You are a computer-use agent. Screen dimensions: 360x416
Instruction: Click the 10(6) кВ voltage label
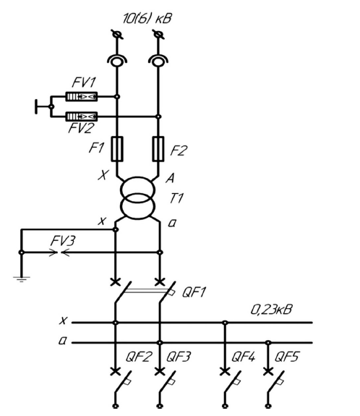click(147, 19)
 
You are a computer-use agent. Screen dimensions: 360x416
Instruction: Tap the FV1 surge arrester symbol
click(82, 96)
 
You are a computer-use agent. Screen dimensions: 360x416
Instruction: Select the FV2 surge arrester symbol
click(82, 116)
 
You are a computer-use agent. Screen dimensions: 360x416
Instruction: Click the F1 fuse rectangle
click(116, 149)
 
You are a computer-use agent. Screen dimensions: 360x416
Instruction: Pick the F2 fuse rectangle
click(158, 149)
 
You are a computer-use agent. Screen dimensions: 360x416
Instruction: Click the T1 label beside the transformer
click(176, 198)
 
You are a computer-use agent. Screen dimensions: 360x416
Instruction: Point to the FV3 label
click(63, 241)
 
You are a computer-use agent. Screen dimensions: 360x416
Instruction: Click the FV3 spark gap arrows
click(59, 252)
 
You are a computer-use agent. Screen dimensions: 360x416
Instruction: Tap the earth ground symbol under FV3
click(22, 279)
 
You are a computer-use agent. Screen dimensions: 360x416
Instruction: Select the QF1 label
click(194, 292)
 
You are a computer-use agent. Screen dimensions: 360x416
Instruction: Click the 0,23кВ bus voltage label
click(272, 310)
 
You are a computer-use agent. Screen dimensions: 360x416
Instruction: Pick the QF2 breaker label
click(139, 357)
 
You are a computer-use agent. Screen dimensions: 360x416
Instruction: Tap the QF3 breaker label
click(179, 357)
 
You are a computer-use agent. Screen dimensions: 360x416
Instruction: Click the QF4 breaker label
click(244, 357)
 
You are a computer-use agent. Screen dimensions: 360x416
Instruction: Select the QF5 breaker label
click(286, 357)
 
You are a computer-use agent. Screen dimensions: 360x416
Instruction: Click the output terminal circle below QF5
click(268, 406)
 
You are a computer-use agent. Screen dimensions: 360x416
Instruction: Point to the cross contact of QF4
click(225, 371)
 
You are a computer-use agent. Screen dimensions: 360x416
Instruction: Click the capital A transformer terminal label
click(170, 178)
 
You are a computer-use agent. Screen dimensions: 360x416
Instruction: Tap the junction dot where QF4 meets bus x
click(225, 323)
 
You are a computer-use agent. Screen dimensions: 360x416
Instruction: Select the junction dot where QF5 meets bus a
click(268, 342)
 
